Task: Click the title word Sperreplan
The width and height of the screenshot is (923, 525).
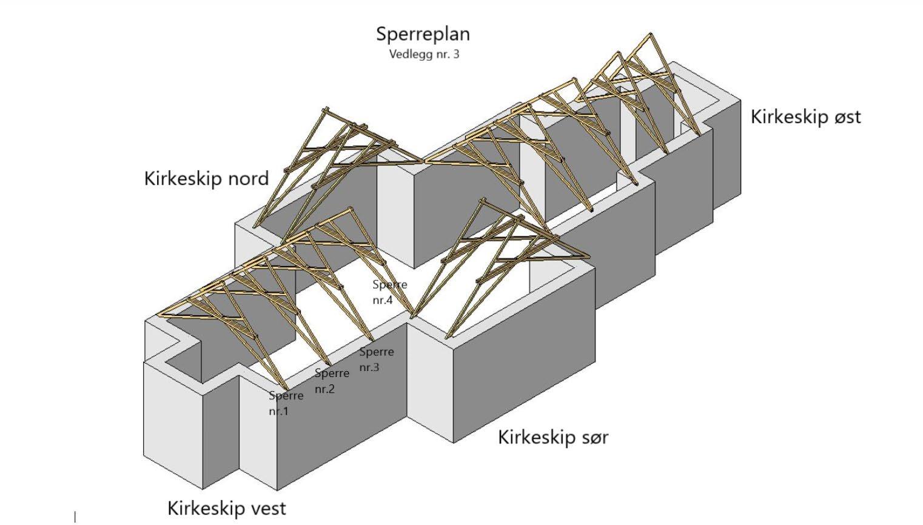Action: (x=423, y=34)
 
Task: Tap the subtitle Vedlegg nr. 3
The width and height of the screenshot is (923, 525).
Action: (x=424, y=55)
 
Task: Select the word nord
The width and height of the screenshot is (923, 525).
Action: (x=247, y=179)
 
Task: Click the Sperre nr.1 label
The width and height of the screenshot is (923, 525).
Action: (x=286, y=403)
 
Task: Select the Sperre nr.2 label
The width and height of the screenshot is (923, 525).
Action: (x=331, y=381)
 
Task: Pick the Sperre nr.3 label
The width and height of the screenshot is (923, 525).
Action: (x=376, y=359)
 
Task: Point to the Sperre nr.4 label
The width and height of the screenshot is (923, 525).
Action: (x=389, y=292)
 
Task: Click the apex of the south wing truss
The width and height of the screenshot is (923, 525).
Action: (x=483, y=200)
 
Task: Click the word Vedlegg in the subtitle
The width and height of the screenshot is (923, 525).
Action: (x=409, y=55)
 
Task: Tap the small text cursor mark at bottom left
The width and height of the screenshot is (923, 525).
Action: (x=75, y=517)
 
